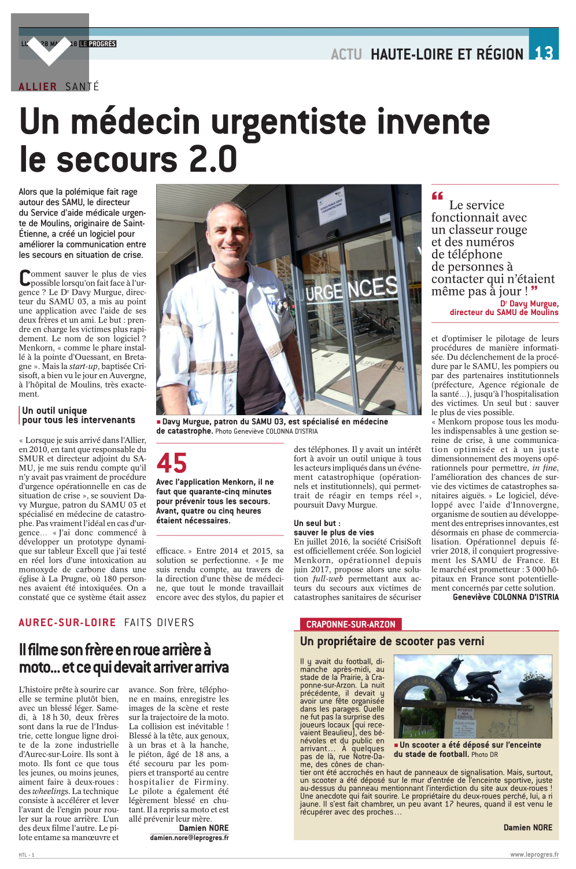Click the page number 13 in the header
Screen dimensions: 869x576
tap(544, 53)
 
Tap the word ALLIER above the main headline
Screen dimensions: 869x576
tap(38, 87)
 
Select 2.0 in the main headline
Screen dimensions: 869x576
tap(213, 160)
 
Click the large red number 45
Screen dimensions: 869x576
tap(172, 463)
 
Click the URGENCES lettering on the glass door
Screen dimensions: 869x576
tap(351, 290)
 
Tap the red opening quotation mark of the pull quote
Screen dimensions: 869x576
tap(437, 196)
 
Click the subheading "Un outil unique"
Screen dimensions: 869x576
tap(54, 411)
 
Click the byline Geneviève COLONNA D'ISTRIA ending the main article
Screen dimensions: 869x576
tap(505, 597)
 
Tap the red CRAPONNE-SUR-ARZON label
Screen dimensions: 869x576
tap(350, 624)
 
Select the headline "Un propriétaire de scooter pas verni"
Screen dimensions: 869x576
tap(392, 641)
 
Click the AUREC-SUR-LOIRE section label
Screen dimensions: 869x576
tap(67, 623)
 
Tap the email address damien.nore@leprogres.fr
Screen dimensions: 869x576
tap(189, 837)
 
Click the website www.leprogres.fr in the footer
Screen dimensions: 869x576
tap(534, 855)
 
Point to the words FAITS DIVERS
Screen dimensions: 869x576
tap(159, 623)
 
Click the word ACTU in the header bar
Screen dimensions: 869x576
tap(346, 54)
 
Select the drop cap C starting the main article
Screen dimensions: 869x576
tap(25, 278)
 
